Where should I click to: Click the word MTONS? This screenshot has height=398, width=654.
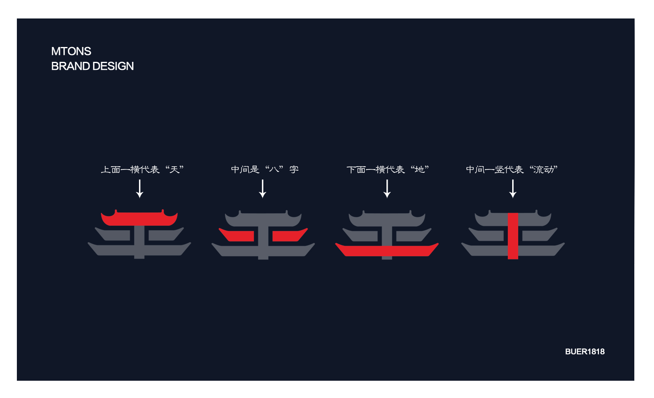click(71, 51)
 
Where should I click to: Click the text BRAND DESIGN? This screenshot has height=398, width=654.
click(92, 66)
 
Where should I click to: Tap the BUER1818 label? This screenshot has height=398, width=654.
click(585, 351)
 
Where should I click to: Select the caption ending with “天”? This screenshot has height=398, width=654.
click(142, 169)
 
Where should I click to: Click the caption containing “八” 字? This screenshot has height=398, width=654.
click(265, 169)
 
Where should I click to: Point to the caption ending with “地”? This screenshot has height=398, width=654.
click(388, 169)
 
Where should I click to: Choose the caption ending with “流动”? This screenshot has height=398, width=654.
click(512, 169)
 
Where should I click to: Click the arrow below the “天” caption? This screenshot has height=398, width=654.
click(140, 189)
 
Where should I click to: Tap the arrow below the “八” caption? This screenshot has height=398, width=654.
click(263, 189)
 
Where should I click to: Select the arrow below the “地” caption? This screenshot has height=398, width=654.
click(387, 189)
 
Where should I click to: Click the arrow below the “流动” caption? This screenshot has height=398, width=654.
click(513, 189)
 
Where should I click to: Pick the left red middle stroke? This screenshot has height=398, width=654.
click(237, 235)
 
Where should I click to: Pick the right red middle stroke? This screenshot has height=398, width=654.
click(290, 235)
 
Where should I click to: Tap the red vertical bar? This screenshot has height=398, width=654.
click(513, 236)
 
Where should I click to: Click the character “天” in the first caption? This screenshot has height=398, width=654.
click(175, 169)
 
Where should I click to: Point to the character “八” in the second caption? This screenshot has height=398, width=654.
click(274, 169)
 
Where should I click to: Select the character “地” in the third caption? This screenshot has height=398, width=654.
click(420, 169)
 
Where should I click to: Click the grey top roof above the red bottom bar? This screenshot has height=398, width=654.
click(387, 219)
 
